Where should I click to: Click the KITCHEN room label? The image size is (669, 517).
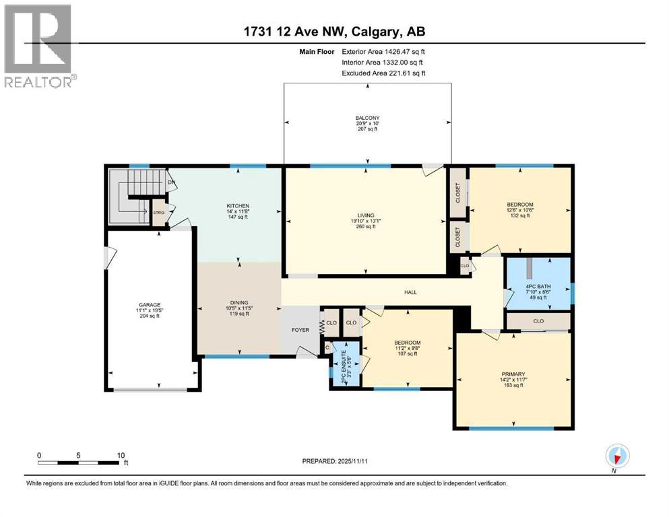238,206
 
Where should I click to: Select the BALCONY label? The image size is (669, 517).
367,118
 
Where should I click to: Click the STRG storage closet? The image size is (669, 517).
159,213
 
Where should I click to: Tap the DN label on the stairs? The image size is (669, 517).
172,182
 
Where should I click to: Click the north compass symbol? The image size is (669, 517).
616,456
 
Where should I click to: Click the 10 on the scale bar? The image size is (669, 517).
121,455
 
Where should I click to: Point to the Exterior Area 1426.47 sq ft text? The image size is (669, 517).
383,51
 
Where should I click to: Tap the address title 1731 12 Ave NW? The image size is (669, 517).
334,31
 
